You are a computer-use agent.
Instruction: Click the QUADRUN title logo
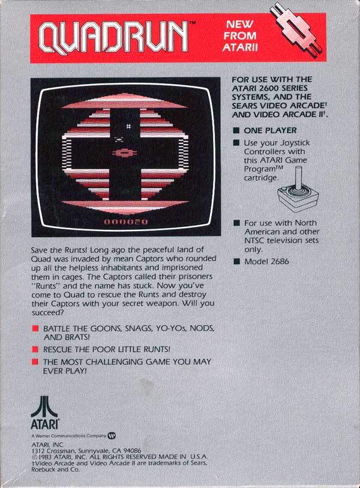[x=114, y=38]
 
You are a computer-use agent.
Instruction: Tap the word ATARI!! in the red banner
[x=240, y=47]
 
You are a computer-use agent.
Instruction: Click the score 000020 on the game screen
[x=126, y=222]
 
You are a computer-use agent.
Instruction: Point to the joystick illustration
[x=298, y=189]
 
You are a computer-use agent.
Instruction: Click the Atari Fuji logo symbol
[x=44, y=407]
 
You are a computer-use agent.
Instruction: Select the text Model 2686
[x=266, y=262]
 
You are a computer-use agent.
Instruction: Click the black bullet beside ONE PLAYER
[x=237, y=130]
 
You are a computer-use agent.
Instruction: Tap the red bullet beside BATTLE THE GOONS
[x=35, y=329]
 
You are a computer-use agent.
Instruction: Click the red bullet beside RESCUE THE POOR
[x=35, y=349]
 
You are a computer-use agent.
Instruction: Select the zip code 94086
[x=132, y=451]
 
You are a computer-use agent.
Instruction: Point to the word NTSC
[x=254, y=241]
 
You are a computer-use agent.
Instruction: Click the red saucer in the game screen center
[x=124, y=153]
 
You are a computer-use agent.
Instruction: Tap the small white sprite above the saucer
[x=128, y=126]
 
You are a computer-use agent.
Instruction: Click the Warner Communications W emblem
[x=112, y=436]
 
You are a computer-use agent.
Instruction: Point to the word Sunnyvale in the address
[x=91, y=451]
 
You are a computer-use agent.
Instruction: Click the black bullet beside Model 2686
[x=237, y=262]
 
